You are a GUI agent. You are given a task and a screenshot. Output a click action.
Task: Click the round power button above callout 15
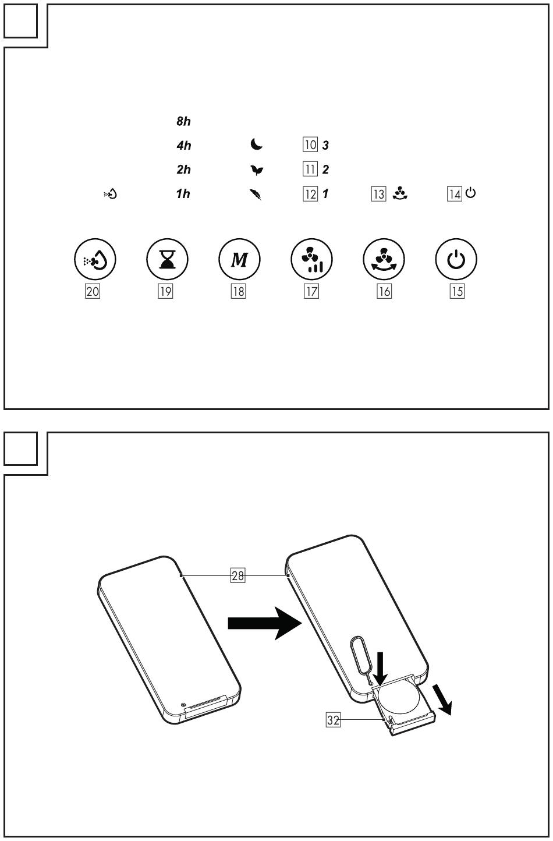pyautogui.click(x=456, y=259)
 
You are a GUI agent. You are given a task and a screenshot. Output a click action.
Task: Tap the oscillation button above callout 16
pyautogui.click(x=383, y=259)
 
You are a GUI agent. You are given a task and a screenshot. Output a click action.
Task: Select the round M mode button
pyautogui.click(x=239, y=259)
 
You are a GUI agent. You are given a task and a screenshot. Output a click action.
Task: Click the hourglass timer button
pyautogui.click(x=166, y=259)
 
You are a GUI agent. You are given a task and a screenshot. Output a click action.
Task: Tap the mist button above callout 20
pyautogui.click(x=95, y=259)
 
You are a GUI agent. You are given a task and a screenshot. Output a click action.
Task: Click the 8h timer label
pyautogui.click(x=183, y=122)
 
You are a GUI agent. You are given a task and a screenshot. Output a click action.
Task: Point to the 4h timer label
pyautogui.click(x=183, y=146)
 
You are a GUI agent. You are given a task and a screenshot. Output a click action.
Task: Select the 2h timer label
pyautogui.click(x=183, y=169)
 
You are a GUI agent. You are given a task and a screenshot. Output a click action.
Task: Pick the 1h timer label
pyautogui.click(x=183, y=194)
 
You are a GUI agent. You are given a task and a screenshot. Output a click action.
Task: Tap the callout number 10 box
pyautogui.click(x=310, y=145)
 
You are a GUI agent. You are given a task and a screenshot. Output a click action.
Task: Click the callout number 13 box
pyautogui.click(x=378, y=194)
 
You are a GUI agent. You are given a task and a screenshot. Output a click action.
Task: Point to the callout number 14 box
pyautogui.click(x=454, y=194)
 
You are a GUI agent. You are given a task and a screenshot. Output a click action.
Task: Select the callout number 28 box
pyautogui.click(x=237, y=576)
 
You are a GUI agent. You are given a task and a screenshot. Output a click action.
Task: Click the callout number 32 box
pyautogui.click(x=333, y=720)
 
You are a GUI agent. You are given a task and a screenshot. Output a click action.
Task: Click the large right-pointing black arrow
pyautogui.click(x=262, y=623)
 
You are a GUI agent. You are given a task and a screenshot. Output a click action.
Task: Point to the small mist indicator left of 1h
pyautogui.click(x=111, y=194)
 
